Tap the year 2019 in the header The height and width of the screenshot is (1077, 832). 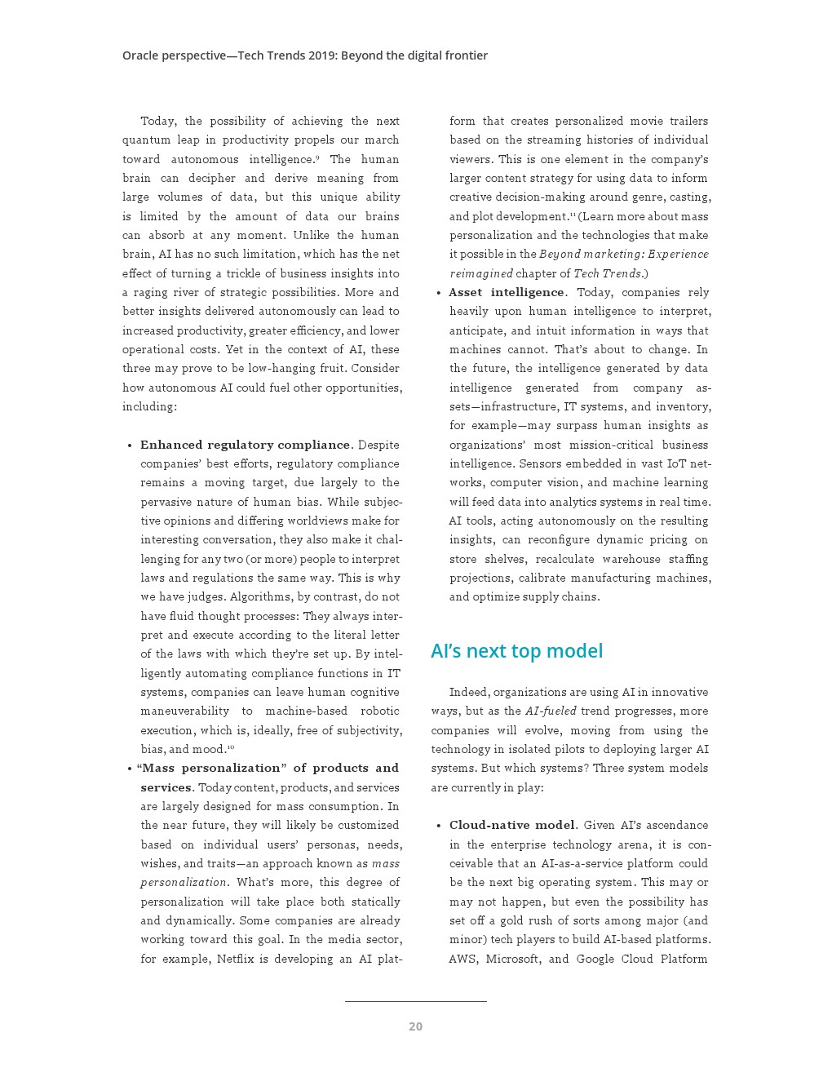(x=321, y=55)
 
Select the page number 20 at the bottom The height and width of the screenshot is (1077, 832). (x=415, y=1026)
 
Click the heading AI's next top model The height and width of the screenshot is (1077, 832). (x=516, y=651)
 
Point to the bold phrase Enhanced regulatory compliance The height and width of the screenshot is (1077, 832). (x=245, y=445)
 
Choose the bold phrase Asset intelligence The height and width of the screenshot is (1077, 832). (x=507, y=292)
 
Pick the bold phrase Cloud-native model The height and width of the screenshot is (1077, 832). (x=512, y=825)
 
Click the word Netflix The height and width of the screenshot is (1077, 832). (x=235, y=959)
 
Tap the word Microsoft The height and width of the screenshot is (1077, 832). (x=513, y=959)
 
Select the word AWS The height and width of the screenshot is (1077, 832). (x=462, y=959)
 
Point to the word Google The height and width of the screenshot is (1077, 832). (x=595, y=959)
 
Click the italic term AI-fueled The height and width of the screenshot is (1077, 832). (x=551, y=711)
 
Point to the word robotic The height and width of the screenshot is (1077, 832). (x=380, y=711)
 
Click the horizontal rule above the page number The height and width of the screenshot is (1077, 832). (x=415, y=1001)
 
